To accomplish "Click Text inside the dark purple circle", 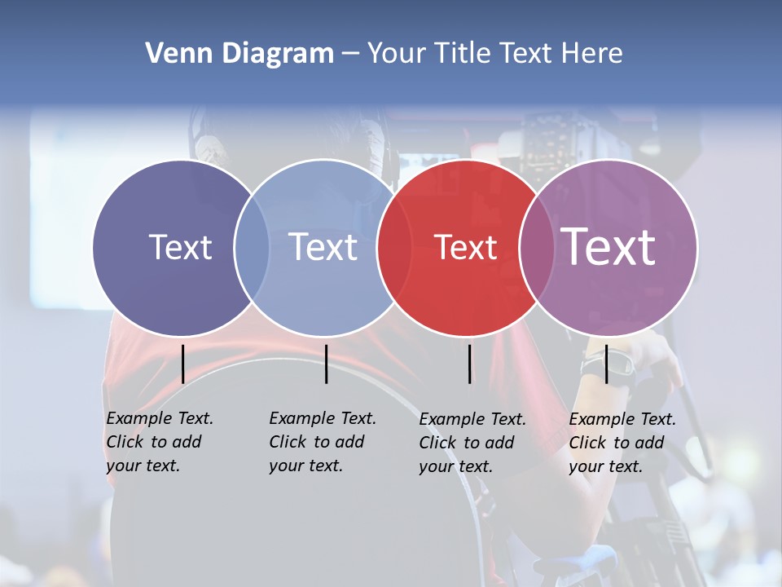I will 180,247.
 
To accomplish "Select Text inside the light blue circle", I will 323,247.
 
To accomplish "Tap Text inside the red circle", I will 465,248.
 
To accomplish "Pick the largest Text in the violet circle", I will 608,247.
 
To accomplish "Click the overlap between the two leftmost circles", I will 252,248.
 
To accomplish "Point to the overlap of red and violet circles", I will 536,248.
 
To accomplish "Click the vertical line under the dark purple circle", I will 183,364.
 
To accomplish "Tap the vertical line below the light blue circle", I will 326,364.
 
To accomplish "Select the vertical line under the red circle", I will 470,364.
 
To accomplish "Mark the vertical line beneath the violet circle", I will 607,364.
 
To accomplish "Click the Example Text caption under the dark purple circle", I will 159,442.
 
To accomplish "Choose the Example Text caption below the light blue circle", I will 322,442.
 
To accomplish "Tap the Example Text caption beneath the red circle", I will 472,443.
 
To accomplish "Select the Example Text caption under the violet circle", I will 622,443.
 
